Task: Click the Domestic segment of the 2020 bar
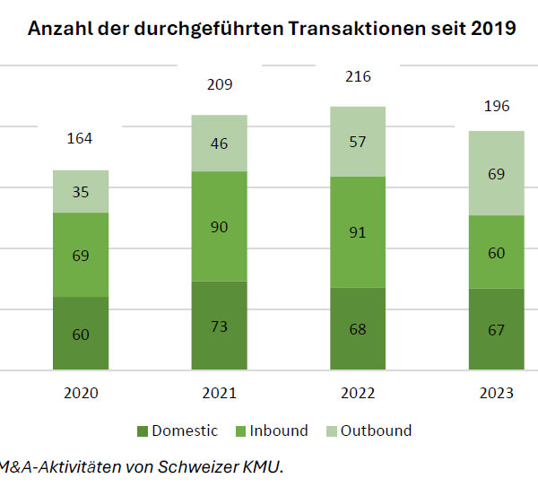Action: (81, 333)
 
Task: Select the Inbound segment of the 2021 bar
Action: (219, 226)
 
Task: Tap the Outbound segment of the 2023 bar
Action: (497, 173)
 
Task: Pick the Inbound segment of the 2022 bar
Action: (358, 231)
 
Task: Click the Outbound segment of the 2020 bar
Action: (81, 191)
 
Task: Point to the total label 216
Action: (358, 77)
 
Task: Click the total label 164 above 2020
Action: (80, 138)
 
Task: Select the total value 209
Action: (219, 85)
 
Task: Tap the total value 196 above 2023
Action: (496, 106)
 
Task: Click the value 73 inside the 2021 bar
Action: (219, 326)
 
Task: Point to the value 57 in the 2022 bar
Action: (358, 141)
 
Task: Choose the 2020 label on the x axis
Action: (81, 394)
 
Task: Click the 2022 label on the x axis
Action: (358, 394)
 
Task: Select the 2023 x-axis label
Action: (496, 394)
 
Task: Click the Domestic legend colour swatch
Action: (141, 431)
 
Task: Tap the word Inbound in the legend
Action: (280, 430)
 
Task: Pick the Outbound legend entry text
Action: (377, 430)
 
